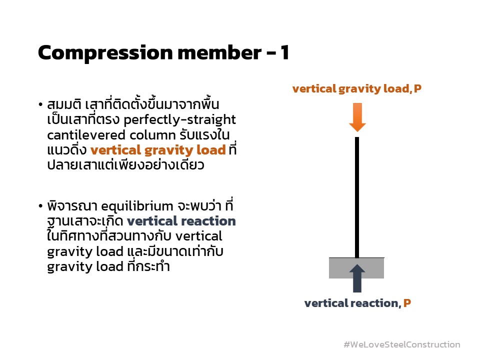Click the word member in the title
pyautogui.click(x=219, y=52)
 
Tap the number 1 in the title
pyautogui.click(x=284, y=52)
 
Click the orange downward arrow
pyautogui.click(x=357, y=117)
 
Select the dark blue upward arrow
pyautogui.click(x=357, y=278)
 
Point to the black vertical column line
pyautogui.click(x=357, y=197)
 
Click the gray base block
pyautogui.click(x=356, y=268)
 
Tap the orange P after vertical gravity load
pyautogui.click(x=417, y=88)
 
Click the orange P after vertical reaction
pyautogui.click(x=407, y=303)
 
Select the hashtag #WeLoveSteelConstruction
pyautogui.click(x=402, y=344)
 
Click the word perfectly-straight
pyautogui.click(x=179, y=120)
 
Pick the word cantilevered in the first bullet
pyautogui.click(x=86, y=135)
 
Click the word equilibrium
pyautogui.click(x=137, y=206)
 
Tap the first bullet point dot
pyautogui.click(x=40, y=104)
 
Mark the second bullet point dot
pyautogui.click(x=40, y=206)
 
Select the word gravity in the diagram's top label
pyautogui.click(x=359, y=89)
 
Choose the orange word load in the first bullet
pyautogui.click(x=211, y=150)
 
